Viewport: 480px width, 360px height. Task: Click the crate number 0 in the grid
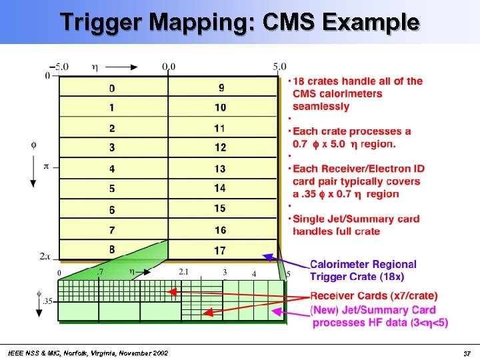click(112, 88)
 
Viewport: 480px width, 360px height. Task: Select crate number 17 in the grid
click(220, 251)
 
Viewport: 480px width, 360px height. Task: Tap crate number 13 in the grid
click(220, 169)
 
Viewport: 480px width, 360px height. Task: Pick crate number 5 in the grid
click(112, 189)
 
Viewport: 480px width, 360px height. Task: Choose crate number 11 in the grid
click(220, 128)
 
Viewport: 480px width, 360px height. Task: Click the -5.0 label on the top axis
click(59, 67)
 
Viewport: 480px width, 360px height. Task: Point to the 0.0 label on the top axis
click(169, 67)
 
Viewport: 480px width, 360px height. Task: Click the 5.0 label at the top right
click(279, 67)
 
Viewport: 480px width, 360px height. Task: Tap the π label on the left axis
click(46, 166)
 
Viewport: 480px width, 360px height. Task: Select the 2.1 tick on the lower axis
click(184, 272)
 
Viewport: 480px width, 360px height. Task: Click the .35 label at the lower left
click(47, 301)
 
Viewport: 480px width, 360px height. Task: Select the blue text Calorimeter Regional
click(363, 265)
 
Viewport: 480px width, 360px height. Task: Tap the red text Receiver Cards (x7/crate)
click(374, 295)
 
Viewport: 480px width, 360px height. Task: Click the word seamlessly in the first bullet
click(321, 106)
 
